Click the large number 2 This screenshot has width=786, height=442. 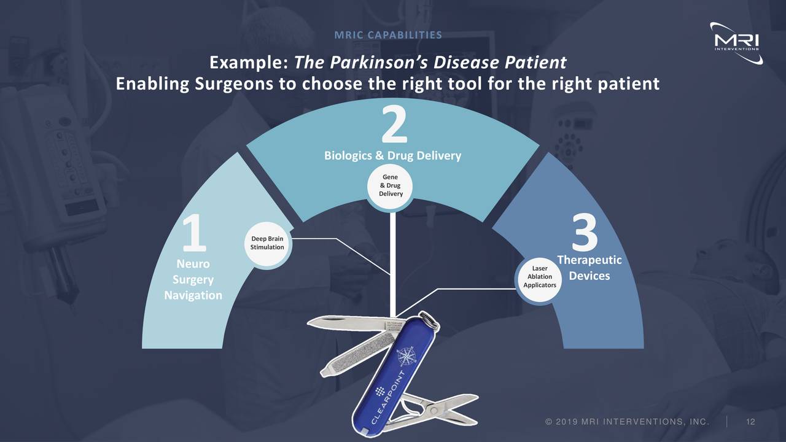point(394,125)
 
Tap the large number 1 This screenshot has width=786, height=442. point(195,233)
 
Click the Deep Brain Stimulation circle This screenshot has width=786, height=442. point(267,243)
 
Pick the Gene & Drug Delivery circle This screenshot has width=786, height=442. point(391,185)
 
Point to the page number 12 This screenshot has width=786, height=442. point(750,421)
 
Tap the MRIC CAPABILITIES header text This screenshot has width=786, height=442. point(388,34)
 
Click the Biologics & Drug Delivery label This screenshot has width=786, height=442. point(392,156)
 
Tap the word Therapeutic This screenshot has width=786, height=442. point(589,260)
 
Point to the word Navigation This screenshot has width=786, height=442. point(193,295)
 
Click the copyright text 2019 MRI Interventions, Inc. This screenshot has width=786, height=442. point(626,421)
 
